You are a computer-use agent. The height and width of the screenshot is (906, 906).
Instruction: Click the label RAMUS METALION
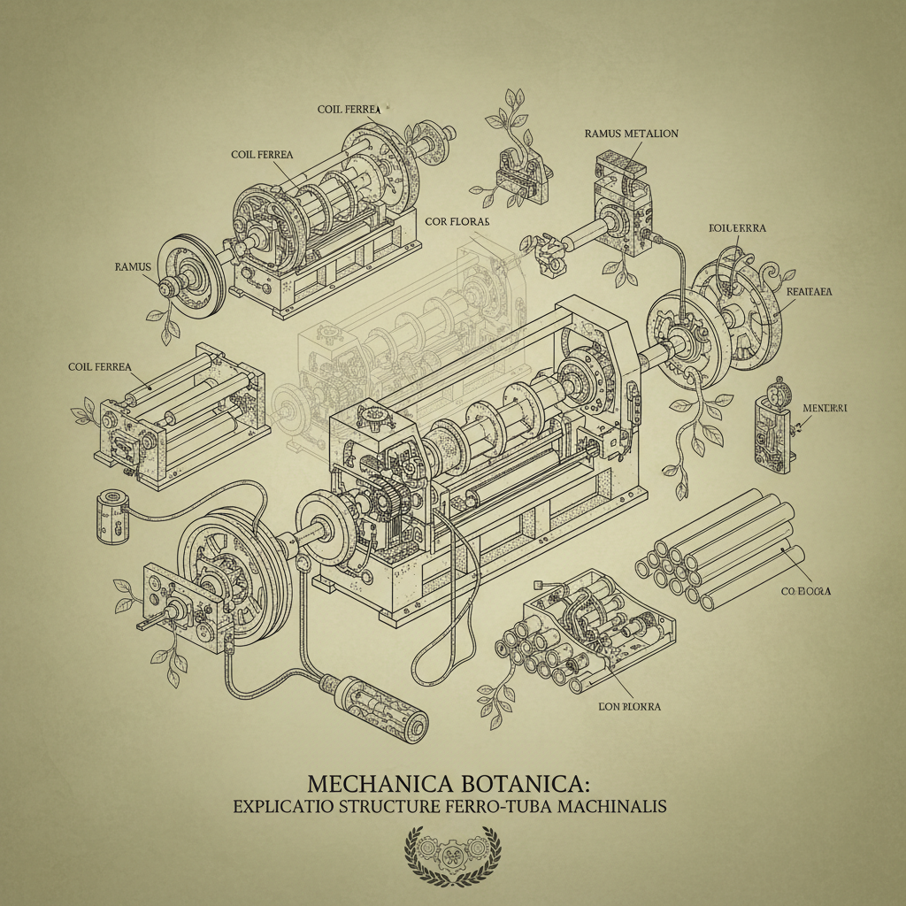pos(631,134)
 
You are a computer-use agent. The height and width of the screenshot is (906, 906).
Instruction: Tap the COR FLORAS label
pos(457,220)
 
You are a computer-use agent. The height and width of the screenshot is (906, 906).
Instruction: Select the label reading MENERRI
pos(825,408)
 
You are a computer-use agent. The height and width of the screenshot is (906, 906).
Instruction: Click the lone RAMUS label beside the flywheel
pos(134,265)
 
